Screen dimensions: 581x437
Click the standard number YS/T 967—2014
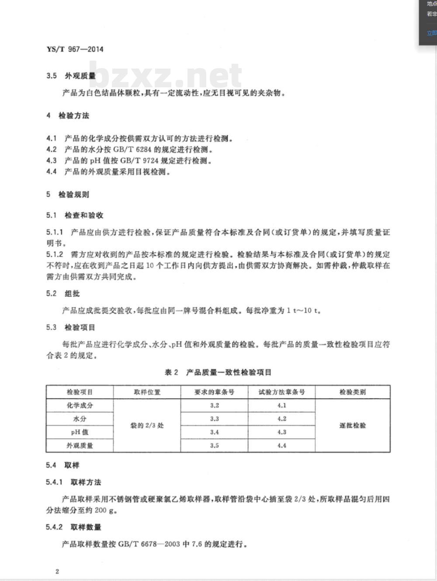(x=75, y=49)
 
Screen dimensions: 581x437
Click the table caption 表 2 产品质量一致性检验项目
(x=218, y=372)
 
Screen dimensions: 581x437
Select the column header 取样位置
(x=147, y=392)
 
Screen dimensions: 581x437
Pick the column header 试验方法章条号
(x=281, y=392)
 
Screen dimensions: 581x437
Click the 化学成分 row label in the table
(x=80, y=406)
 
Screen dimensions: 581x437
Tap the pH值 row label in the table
(x=80, y=432)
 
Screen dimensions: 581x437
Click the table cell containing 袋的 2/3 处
(x=147, y=426)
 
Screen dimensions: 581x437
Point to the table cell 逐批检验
(x=353, y=426)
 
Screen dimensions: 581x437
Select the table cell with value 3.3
(x=214, y=419)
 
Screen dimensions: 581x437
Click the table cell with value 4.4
(x=281, y=446)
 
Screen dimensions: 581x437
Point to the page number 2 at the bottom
(x=57, y=571)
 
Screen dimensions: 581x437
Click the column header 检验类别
(x=353, y=392)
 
